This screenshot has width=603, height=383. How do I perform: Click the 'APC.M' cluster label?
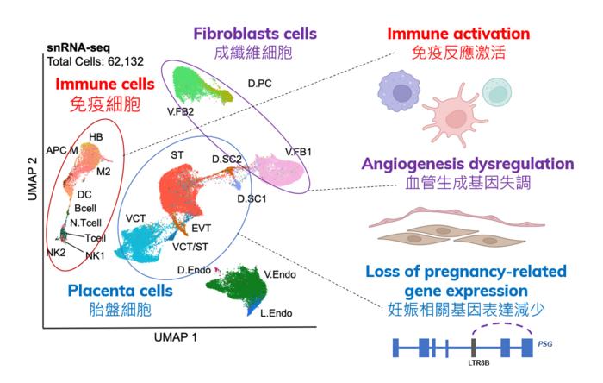tap(62, 149)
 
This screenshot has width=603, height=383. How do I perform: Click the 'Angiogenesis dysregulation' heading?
tap(468, 163)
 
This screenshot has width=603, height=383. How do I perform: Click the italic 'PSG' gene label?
tap(544, 342)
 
